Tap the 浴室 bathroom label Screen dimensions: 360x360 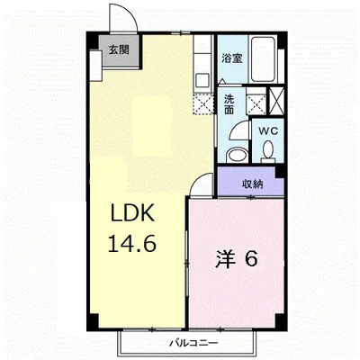coord(231,58)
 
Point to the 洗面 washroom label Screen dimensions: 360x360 coord(229,103)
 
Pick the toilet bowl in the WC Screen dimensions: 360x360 coord(236,153)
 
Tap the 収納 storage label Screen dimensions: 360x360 coord(253,184)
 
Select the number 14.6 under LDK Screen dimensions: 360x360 coord(133,243)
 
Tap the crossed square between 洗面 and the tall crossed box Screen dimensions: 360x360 coord(256,101)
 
